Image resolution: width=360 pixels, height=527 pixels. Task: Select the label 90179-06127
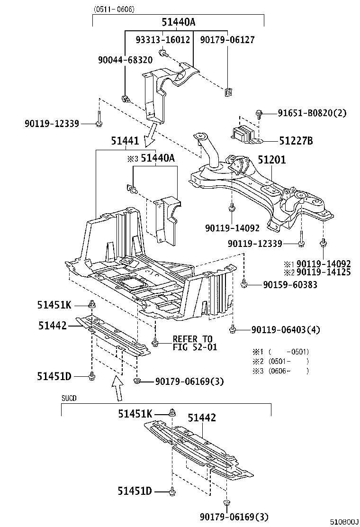point(227,40)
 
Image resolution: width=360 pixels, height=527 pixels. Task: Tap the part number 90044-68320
point(125,60)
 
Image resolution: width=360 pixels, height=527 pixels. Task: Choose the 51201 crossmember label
point(271,160)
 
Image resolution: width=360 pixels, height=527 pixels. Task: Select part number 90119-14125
point(324,273)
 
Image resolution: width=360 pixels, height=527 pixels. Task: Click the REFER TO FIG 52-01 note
point(192,343)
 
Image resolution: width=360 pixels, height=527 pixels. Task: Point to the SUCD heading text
point(69,399)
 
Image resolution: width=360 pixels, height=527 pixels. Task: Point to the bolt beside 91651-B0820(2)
point(259,113)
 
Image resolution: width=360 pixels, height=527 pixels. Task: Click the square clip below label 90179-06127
point(228,92)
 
